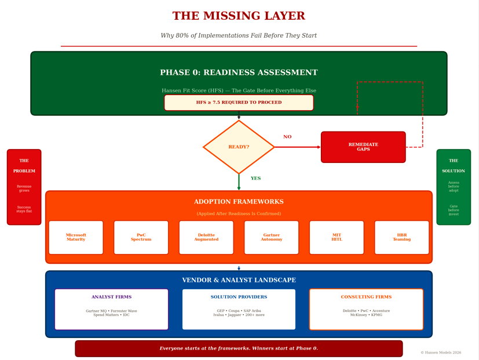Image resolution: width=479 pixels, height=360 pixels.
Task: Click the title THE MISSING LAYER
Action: click(239, 16)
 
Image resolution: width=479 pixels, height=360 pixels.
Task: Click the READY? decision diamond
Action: click(239, 147)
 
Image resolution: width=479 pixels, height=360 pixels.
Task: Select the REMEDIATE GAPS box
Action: click(363, 147)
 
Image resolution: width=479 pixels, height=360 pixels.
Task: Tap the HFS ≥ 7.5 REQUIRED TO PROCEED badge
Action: click(239, 103)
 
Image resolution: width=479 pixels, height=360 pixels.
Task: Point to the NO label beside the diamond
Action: click(287, 137)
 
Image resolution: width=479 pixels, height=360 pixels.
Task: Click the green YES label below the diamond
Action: click(255, 179)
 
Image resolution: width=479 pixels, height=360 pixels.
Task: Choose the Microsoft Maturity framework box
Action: click(76, 237)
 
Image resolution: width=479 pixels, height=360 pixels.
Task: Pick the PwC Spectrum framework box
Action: click(141, 237)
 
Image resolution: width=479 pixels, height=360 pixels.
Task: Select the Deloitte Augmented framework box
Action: click(206, 237)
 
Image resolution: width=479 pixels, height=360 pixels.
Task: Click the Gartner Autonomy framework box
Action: click(272, 237)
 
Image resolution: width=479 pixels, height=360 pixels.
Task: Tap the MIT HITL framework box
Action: click(337, 237)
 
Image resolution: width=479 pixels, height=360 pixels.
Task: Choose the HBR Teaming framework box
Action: click(402, 237)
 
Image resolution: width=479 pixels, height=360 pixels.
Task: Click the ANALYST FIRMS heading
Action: click(111, 297)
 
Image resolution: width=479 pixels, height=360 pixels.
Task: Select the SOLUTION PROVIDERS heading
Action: click(239, 297)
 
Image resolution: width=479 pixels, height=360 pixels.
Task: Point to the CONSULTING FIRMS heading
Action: click(366, 297)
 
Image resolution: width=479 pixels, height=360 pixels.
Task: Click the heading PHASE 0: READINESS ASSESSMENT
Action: click(239, 73)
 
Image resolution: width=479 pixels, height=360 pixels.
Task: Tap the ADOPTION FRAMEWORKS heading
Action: click(239, 202)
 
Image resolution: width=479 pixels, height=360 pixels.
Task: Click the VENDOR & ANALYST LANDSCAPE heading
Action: click(239, 281)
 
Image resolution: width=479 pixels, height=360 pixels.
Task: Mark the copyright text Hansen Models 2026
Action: click(441, 352)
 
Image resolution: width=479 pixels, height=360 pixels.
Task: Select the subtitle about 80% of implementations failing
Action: click(239, 36)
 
